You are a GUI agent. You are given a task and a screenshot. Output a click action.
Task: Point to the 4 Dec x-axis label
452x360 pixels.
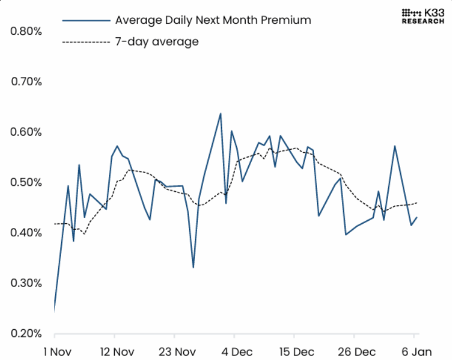tap(235, 351)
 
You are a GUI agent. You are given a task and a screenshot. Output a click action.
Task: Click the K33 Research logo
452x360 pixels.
tap(422, 16)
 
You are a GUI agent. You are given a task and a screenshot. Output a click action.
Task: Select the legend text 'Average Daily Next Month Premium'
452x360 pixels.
tap(213, 20)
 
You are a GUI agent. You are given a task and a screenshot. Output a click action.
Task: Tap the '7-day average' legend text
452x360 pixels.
tap(156, 41)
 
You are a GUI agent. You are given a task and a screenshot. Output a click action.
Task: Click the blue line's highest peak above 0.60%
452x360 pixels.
tap(220, 113)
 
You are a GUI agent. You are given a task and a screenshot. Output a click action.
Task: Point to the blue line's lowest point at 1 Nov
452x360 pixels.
tap(54, 308)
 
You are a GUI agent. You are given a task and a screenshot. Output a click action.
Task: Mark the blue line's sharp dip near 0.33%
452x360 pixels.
tap(193, 268)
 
